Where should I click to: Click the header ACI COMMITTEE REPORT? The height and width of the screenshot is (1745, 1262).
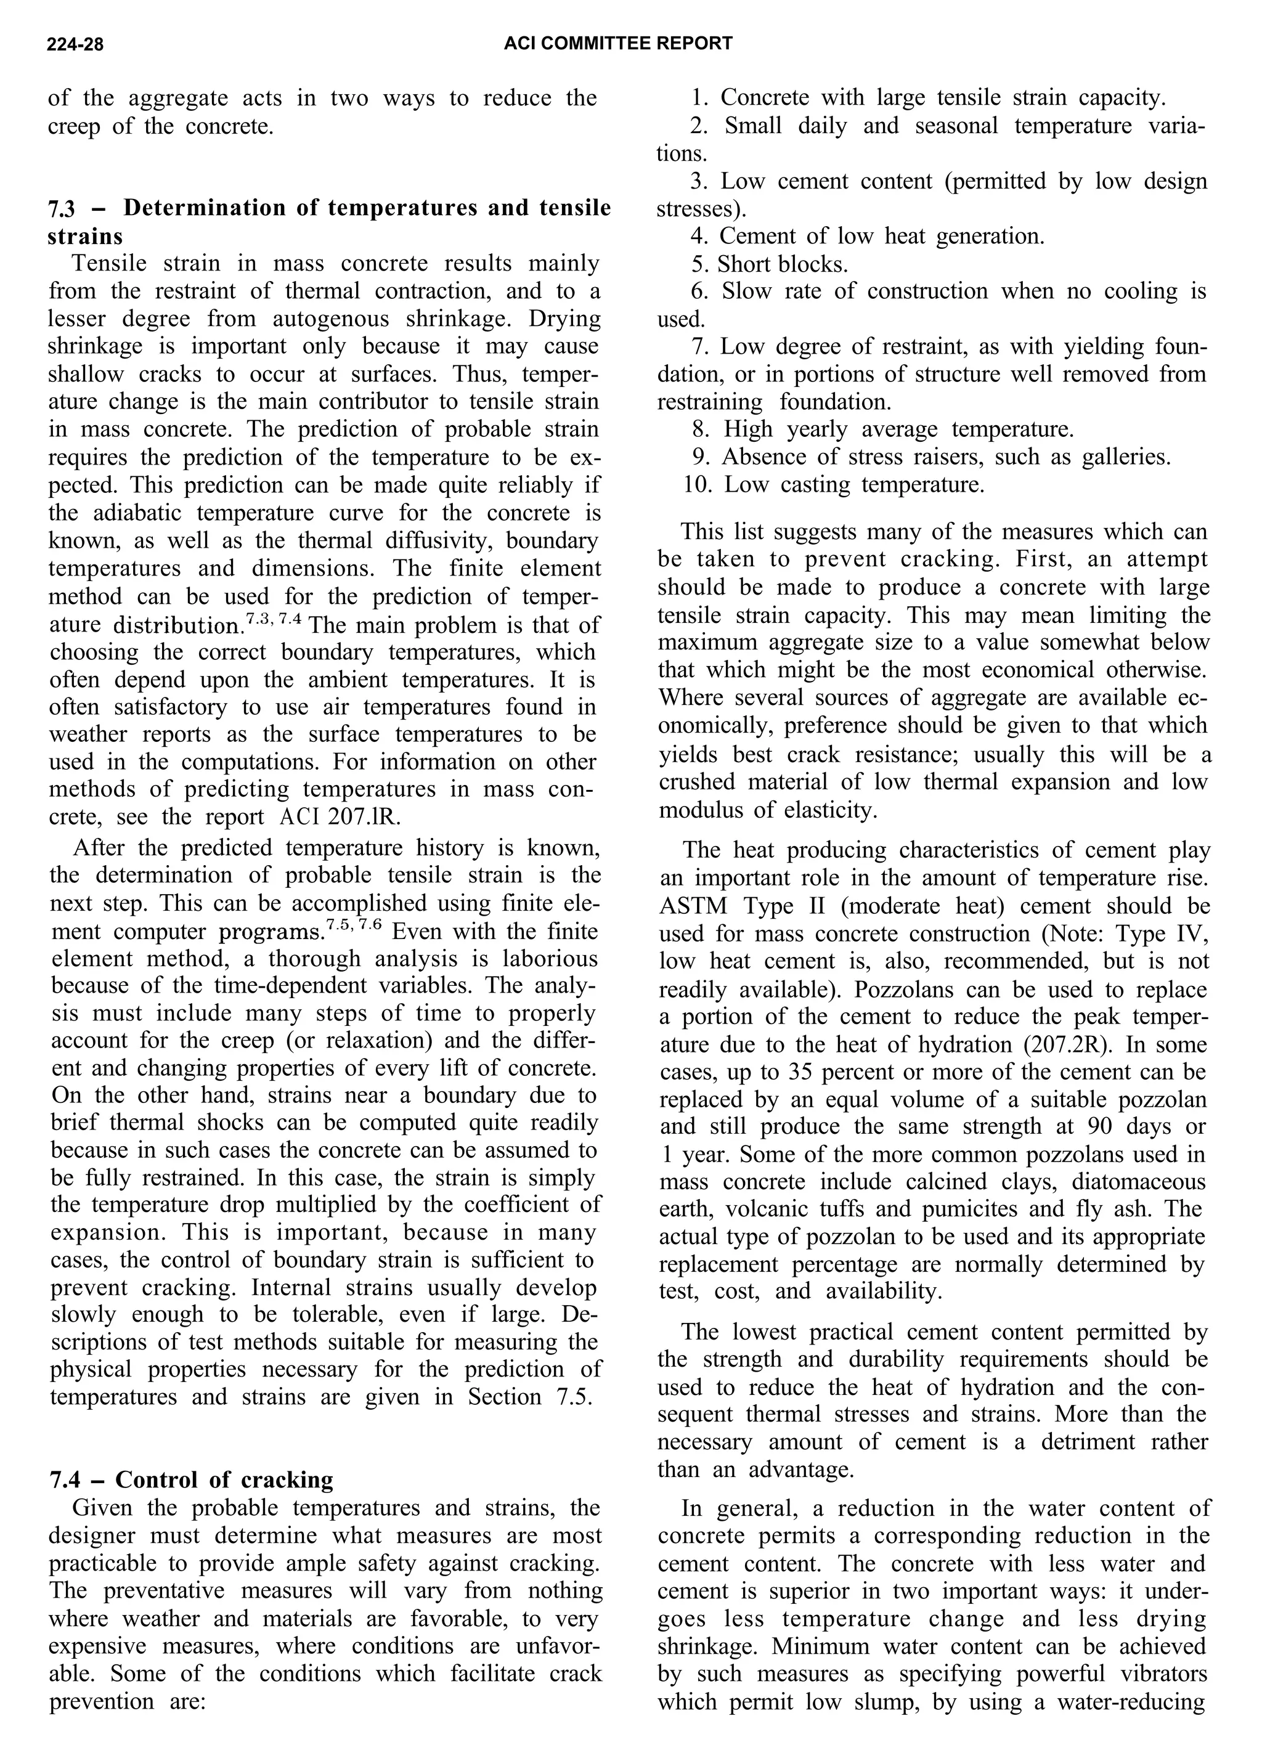point(617,44)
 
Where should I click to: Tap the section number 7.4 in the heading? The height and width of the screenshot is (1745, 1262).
point(65,1479)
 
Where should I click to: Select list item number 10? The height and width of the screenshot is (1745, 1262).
point(698,485)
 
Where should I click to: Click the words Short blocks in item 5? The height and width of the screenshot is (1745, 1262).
point(782,265)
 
